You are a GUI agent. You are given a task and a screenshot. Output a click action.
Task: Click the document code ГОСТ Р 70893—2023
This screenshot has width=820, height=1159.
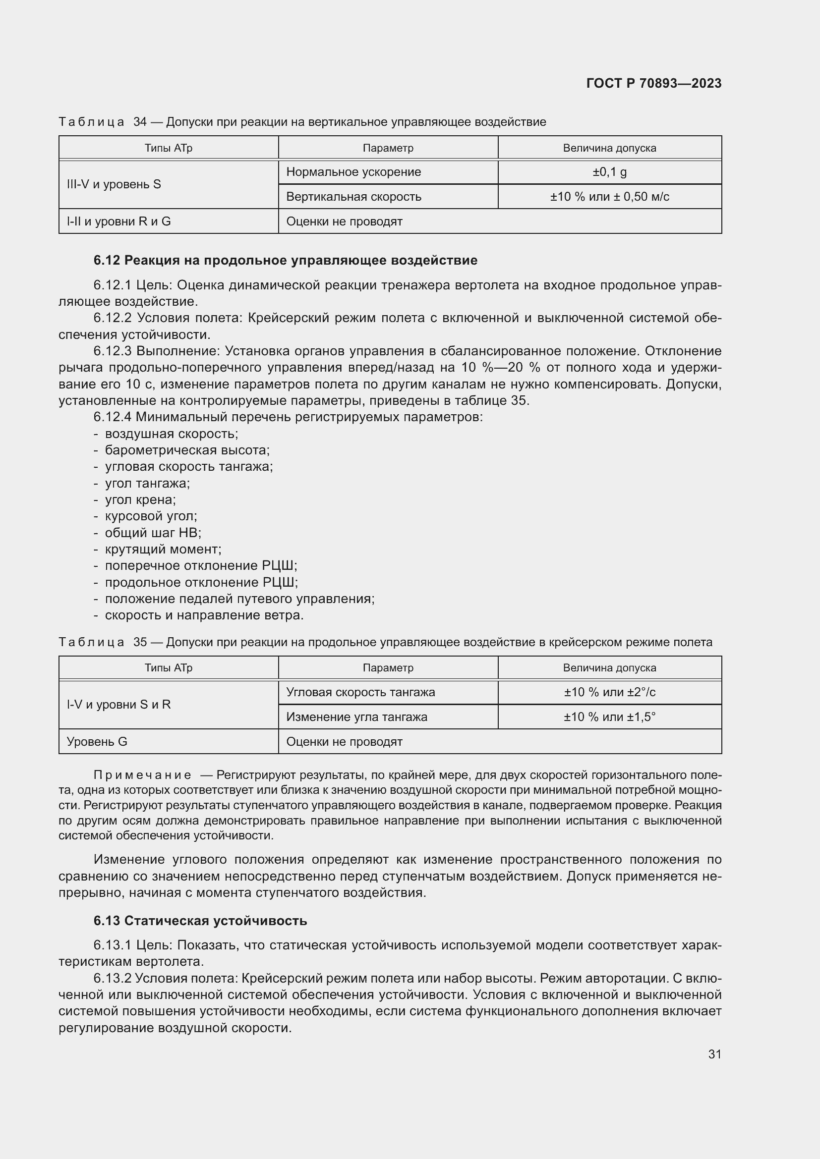coord(653,83)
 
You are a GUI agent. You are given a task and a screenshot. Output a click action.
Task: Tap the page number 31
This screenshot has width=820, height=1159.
coord(714,1054)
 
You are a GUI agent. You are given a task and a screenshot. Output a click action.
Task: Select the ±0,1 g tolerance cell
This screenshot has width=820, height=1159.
coord(609,172)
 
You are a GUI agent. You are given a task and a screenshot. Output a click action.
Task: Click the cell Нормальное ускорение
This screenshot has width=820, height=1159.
coord(353,172)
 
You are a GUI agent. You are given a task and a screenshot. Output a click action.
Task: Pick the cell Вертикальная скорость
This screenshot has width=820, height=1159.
coord(353,197)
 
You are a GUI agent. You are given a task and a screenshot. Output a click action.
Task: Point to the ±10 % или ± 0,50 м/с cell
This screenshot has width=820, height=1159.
coord(609,197)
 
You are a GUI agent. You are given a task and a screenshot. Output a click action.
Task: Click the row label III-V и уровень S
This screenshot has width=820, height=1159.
coord(114,184)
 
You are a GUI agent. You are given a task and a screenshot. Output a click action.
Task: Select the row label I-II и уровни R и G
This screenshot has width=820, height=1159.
coord(118,221)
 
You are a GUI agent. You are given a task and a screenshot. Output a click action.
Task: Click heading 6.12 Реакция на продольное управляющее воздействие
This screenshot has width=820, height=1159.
coord(285,261)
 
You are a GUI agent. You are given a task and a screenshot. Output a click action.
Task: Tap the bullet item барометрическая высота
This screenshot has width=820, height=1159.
coord(187,450)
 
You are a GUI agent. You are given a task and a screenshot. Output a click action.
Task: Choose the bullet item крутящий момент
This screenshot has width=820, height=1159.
coord(163,549)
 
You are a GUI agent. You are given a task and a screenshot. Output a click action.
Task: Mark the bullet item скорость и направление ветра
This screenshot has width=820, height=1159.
coord(204,615)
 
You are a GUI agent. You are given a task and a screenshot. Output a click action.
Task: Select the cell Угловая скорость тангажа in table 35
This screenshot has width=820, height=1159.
coord(360,692)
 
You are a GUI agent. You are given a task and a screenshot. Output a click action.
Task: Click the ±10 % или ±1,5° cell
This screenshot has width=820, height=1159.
coord(609,717)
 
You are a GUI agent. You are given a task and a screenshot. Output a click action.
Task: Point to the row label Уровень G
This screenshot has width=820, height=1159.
coord(97,742)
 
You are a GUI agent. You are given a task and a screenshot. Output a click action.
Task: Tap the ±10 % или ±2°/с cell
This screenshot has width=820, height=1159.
coord(609,692)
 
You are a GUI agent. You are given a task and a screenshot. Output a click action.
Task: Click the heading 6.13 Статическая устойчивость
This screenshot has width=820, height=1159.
coord(200,921)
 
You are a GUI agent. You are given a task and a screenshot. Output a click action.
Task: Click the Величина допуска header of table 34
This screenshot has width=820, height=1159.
coord(609,148)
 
